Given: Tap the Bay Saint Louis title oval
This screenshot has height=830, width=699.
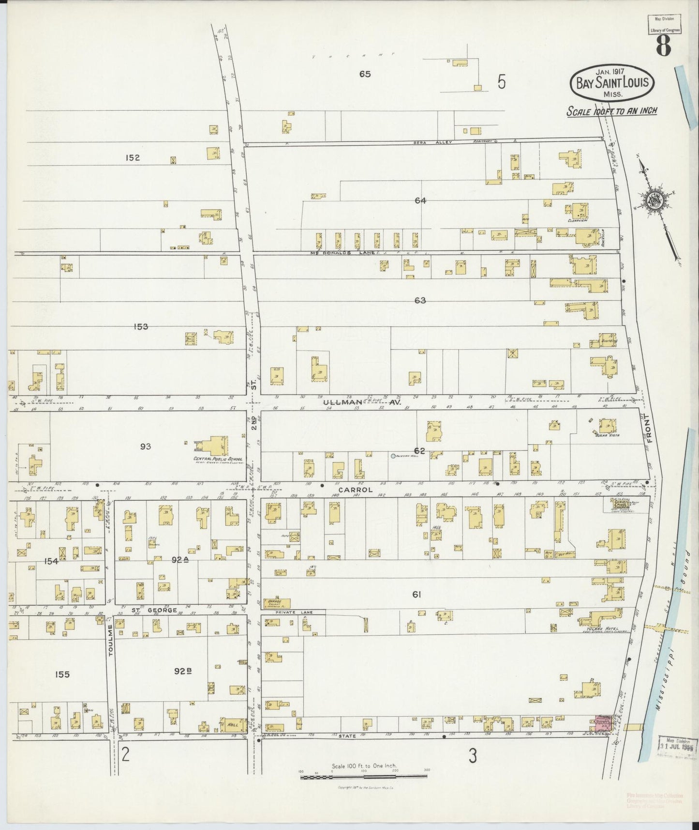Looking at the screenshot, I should tap(612, 82).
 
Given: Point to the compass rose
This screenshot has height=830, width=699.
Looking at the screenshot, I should tap(656, 201).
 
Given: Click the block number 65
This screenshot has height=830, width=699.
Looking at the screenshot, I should tap(365, 74).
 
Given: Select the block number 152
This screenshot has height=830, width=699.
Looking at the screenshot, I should tap(132, 157).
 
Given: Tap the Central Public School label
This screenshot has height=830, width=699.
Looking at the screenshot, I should tap(218, 459).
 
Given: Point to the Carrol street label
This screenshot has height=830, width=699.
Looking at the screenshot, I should tap(356, 490).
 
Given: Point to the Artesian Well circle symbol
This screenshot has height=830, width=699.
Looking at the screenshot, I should tap(393, 456).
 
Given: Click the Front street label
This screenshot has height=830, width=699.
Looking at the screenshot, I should tap(650, 430).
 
